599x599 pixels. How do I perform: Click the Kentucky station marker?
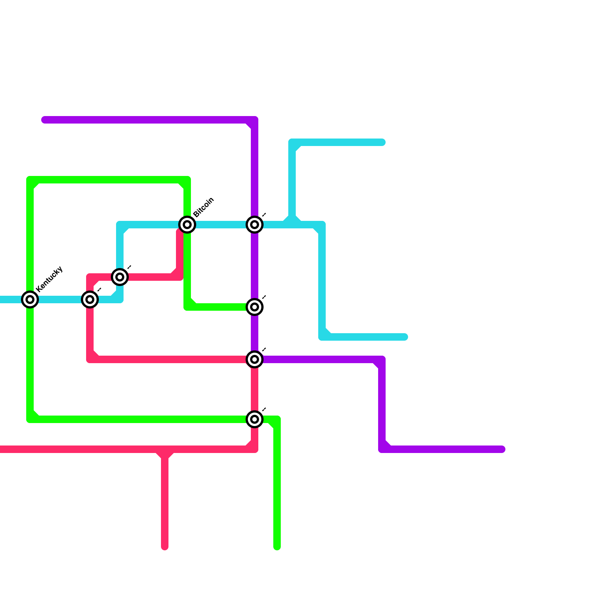30,299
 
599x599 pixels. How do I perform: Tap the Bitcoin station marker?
187,225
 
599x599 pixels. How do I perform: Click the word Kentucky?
49,279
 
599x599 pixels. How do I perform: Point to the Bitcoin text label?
204,207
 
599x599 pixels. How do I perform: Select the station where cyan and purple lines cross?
255,225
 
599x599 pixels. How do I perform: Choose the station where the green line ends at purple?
255,307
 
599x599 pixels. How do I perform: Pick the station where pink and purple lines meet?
255,359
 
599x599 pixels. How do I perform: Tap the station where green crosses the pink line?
255,419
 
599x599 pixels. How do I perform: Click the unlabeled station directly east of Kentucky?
90,299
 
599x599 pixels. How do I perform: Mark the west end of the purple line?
44,120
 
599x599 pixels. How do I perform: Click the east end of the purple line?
502,449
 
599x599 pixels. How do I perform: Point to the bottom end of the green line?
277,547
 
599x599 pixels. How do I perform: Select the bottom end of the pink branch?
165,547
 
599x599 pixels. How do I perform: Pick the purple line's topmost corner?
255,120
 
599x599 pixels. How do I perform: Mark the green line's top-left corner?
30,180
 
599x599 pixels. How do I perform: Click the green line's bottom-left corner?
30,419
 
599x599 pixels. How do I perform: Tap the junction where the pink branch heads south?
165,449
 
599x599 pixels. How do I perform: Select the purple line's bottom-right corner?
382,449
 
